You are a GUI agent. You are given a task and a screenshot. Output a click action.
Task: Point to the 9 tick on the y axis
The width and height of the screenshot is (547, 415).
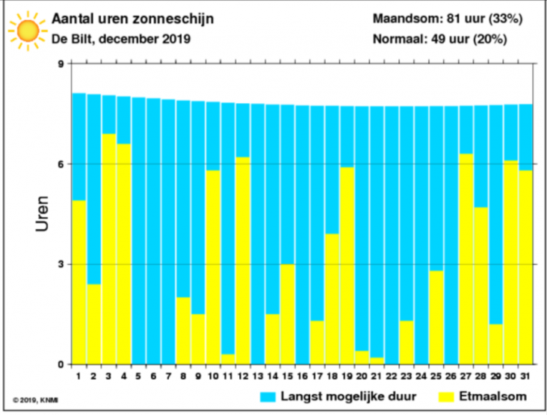point(60,64)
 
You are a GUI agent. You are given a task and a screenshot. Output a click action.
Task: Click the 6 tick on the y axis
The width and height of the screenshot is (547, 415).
point(60,164)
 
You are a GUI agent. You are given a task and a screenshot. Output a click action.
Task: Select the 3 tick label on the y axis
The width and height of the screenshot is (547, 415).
point(60,264)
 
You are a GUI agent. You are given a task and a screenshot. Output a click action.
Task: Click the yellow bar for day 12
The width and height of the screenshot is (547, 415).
point(242,261)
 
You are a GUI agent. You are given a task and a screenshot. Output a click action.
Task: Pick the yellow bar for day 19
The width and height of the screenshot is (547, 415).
point(346,266)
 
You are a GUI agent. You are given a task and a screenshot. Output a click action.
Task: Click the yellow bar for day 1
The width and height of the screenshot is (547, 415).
point(79,283)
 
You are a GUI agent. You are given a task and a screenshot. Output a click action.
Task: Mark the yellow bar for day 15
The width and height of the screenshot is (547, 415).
point(287,314)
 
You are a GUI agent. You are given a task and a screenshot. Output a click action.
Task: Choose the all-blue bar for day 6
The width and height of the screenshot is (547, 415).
point(153,231)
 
